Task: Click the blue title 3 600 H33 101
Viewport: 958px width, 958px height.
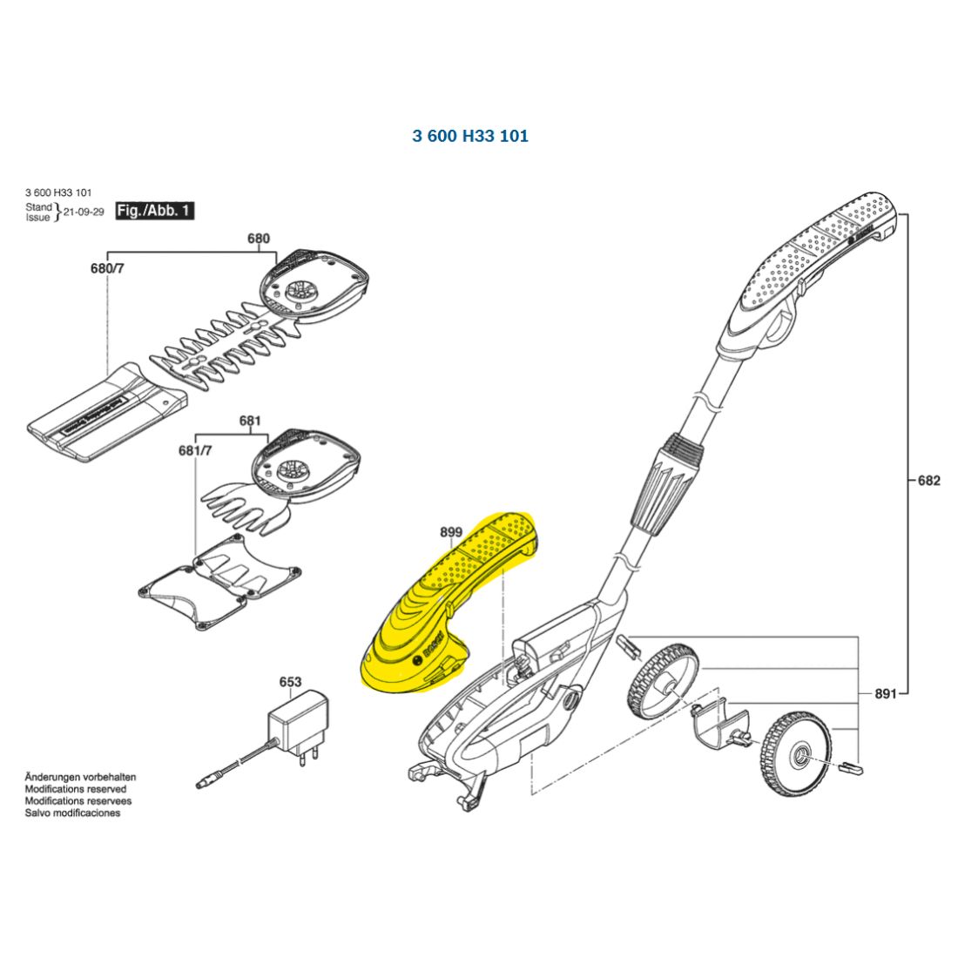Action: [470, 136]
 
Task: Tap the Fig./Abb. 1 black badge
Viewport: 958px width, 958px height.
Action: [155, 211]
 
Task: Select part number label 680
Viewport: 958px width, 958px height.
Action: [259, 239]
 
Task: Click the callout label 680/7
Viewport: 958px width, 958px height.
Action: [107, 268]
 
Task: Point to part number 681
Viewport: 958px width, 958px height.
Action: [250, 421]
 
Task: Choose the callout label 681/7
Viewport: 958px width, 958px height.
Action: [195, 450]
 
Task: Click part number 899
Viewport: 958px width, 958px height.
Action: [451, 532]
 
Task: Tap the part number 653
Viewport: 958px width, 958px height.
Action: [290, 682]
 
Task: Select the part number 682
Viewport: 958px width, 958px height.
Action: [929, 480]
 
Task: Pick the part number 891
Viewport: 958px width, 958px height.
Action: [886, 693]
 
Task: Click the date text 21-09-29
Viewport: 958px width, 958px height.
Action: [84, 212]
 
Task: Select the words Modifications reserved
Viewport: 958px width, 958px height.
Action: [75, 789]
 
